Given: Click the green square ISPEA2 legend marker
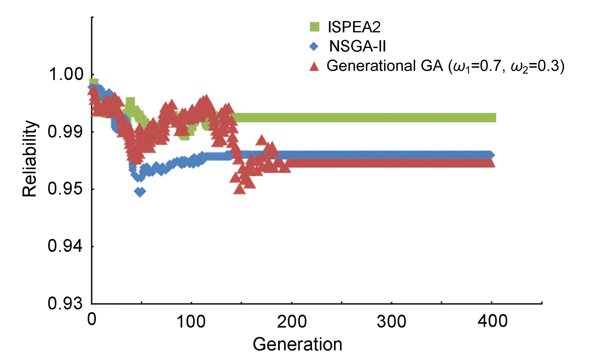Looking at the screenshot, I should coord(314,27).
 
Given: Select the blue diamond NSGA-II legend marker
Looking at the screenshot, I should coord(314,47).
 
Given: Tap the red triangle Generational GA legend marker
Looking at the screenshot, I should coord(314,66).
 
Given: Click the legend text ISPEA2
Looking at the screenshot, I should coord(354,27).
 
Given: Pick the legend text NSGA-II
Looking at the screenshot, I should coord(357,47).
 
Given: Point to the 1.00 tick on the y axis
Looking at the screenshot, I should coord(66,74).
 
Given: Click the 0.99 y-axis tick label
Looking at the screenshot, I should coord(66,132).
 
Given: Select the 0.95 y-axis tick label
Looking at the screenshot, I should coord(66,189).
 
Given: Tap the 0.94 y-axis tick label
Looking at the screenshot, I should coord(66,246).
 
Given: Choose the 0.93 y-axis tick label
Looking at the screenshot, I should coord(66,303).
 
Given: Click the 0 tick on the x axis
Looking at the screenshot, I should coord(92,319).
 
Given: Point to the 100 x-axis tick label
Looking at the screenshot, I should coord(191,322).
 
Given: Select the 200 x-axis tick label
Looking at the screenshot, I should coord(292,322).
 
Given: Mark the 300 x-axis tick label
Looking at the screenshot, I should coord(392,322).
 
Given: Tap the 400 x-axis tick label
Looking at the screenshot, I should coord(492,321).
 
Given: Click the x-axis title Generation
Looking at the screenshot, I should coord(297,344).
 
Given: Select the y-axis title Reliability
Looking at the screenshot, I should coord(30,159).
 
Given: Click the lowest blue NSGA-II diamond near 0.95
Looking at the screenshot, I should coord(140,192).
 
